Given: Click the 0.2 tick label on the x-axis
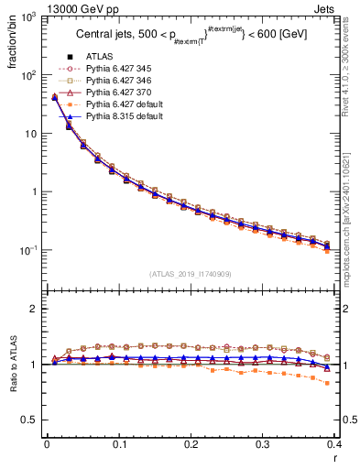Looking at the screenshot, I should click(191, 444).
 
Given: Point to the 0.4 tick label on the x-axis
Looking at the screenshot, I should click(334, 444).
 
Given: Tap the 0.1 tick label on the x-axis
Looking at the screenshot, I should click(118, 444).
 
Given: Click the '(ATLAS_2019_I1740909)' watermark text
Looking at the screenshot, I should click(190, 273).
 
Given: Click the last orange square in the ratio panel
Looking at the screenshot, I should click(327, 383).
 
